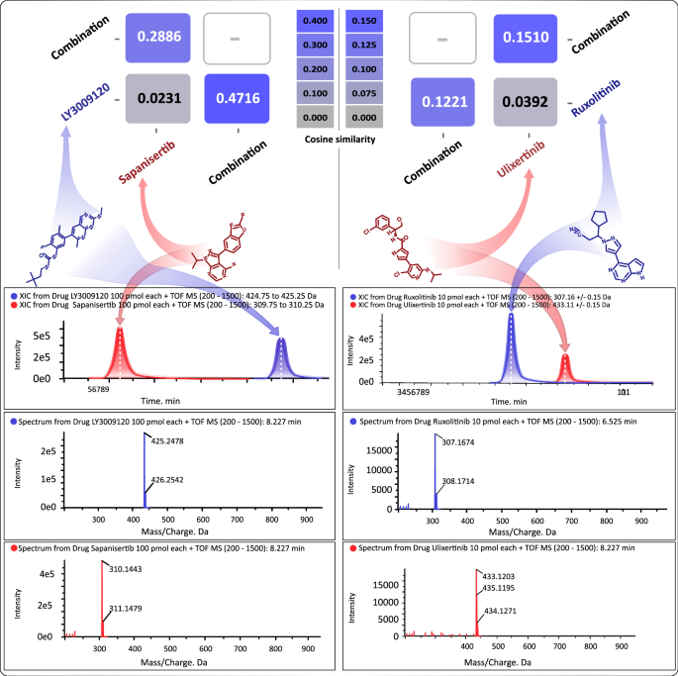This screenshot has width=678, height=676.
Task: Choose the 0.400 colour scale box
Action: coord(314,21)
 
